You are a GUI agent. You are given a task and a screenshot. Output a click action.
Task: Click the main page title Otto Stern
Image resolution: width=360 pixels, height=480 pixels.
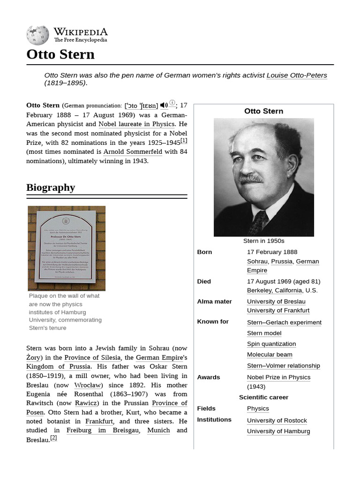point(60,54)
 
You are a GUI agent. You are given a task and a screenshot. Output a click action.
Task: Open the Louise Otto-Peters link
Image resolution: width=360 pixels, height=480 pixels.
point(297,75)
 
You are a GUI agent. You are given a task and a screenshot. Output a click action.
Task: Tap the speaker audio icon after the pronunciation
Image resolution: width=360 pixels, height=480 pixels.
point(164,105)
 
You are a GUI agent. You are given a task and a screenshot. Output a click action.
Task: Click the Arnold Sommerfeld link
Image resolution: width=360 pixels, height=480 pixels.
point(133,151)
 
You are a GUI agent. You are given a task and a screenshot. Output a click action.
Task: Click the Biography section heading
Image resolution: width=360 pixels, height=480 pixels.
point(51,187)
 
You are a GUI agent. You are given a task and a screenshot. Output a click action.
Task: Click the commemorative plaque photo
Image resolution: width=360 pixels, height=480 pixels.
point(67,248)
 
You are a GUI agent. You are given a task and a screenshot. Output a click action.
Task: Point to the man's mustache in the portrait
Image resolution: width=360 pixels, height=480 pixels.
point(251,179)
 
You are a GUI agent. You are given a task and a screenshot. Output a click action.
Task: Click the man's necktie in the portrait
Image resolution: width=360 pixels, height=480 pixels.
point(258,222)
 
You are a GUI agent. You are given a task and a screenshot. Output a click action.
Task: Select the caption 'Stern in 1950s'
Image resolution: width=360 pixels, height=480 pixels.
point(263,241)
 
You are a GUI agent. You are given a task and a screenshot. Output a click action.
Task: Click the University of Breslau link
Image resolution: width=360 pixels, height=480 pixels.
point(276,301)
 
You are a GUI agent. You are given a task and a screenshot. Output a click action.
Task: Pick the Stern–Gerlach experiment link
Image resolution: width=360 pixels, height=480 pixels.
point(284,322)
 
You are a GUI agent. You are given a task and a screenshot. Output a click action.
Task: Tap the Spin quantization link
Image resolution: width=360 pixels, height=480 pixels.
point(271,344)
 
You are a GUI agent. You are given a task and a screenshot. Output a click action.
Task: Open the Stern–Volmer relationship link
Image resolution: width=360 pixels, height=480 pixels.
point(283,366)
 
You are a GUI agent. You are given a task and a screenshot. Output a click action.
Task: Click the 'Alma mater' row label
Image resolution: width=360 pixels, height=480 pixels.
point(214,301)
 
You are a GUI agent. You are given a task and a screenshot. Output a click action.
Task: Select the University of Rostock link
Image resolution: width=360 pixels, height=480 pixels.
point(277,420)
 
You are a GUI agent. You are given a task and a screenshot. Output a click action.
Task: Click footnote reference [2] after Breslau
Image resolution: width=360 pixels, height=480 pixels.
point(54,438)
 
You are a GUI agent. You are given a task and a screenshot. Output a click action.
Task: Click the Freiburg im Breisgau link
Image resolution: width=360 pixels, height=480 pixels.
point(103,430)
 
